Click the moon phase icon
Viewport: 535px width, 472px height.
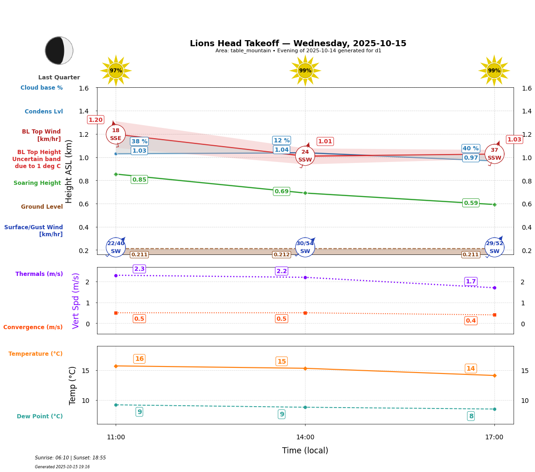click(x=59, y=50)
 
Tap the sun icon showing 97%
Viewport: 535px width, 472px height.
click(x=116, y=70)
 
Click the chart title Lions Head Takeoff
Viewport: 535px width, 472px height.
click(x=298, y=43)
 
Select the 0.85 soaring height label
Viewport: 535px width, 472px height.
click(x=139, y=180)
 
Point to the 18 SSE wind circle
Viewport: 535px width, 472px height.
click(x=116, y=134)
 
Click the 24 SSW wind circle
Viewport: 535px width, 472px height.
click(x=305, y=156)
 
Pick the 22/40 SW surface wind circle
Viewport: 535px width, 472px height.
click(x=116, y=247)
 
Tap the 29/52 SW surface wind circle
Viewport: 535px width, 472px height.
click(x=494, y=247)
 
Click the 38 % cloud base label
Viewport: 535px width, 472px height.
click(x=139, y=141)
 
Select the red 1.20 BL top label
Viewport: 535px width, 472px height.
click(x=96, y=120)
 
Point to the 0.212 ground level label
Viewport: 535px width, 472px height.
click(x=282, y=255)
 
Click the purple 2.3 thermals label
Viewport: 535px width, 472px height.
click(x=139, y=269)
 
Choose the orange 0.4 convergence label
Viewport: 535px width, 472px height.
click(x=471, y=321)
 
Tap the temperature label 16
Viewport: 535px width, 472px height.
click(x=139, y=359)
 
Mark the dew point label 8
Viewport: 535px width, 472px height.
click(x=471, y=416)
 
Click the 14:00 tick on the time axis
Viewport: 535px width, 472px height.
click(x=305, y=437)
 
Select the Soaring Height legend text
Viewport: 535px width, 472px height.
click(x=37, y=183)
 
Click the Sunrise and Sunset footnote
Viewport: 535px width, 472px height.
click(x=70, y=458)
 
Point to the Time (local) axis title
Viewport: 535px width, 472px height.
click(x=305, y=451)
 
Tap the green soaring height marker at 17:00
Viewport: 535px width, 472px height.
click(x=494, y=204)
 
